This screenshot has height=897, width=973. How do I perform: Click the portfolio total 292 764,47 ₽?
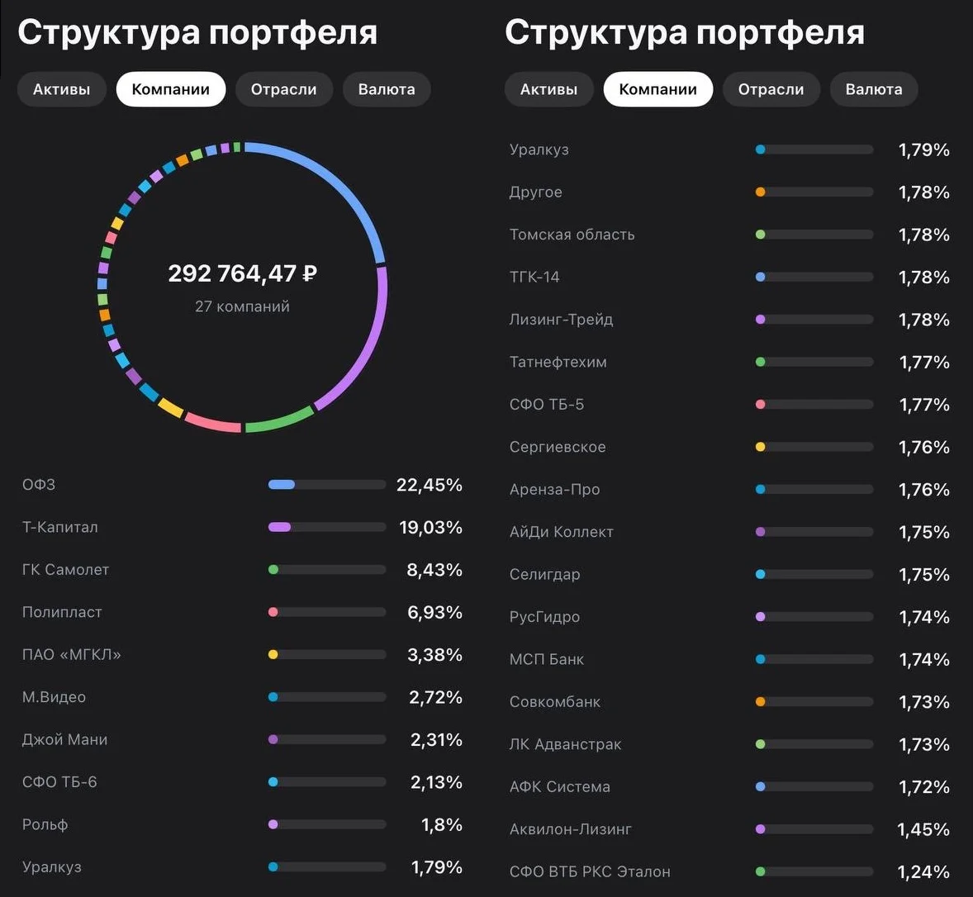[x=243, y=273]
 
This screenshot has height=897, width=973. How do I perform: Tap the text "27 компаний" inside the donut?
[x=242, y=306]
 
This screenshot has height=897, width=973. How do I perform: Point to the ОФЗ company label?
[x=39, y=485]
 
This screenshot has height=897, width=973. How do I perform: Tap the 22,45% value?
[x=430, y=485]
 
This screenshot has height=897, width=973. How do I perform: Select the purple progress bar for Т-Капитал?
[x=279, y=527]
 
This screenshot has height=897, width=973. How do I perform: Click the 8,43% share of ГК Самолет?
[x=434, y=570]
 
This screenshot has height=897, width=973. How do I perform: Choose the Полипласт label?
[x=62, y=612]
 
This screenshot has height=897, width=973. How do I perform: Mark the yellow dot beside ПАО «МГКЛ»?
[x=273, y=654]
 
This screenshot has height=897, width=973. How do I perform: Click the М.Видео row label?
[x=54, y=697]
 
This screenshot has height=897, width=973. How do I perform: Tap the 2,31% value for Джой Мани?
[x=436, y=740]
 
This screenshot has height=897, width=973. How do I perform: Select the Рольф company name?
[x=45, y=825]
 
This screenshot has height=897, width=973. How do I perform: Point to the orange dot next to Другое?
[x=760, y=192]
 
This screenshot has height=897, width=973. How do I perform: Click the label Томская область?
[x=572, y=235]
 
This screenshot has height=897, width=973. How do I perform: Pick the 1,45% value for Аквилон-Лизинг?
[x=923, y=829]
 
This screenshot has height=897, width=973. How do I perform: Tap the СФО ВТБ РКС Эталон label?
[x=590, y=871]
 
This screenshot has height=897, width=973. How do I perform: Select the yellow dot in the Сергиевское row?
[x=760, y=447]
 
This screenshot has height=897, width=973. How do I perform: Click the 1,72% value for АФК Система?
[x=924, y=787]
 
